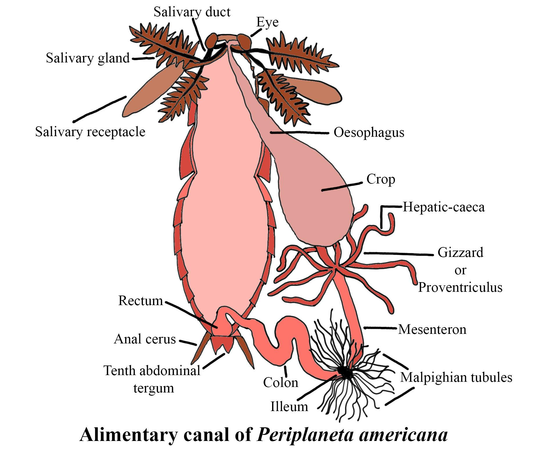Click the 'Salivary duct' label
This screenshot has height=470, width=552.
coord(192,12)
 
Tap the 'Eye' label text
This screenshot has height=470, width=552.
coord(267,22)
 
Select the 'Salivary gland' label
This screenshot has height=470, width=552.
coord(88,58)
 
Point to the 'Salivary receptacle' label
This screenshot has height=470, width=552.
coord(90,132)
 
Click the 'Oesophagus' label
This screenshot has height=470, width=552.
coord(369,132)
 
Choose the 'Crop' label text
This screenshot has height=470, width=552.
coord(381,179)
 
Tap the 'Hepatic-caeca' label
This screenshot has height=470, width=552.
coord(443,207)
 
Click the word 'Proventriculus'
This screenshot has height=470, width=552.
coord(460,287)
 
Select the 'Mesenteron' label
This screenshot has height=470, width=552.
coord(432,329)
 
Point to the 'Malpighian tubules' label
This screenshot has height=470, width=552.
coord(456,377)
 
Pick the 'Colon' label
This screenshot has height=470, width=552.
coord(281,383)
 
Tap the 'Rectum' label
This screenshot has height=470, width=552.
coord(141,301)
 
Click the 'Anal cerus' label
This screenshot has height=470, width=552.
coord(145,339)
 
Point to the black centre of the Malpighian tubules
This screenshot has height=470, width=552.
coord(345,372)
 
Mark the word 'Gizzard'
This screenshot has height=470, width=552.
coord(460,253)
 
